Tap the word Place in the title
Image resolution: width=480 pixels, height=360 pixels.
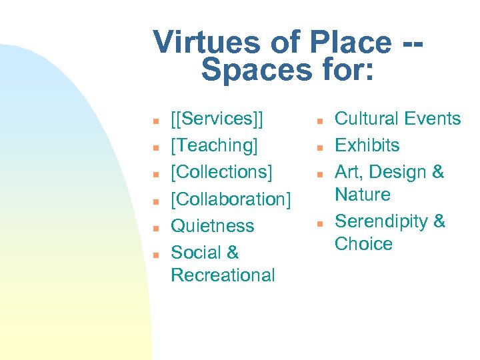point(347,43)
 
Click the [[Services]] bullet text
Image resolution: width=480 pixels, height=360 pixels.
point(217,119)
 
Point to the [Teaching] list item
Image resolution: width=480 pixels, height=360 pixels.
point(215,145)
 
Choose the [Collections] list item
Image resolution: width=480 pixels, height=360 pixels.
point(222,172)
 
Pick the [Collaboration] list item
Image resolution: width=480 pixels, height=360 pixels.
point(231,199)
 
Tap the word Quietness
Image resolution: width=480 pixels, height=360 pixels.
point(213,225)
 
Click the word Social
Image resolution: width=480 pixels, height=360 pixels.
point(196,252)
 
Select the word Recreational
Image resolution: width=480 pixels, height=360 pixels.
point(223,275)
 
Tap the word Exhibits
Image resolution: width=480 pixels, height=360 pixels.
point(367,145)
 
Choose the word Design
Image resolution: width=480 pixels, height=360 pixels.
point(398,172)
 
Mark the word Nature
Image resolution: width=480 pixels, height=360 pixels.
point(363,195)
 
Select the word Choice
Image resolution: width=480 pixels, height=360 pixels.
point(363,244)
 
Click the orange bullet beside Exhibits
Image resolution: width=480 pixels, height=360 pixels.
point(320,146)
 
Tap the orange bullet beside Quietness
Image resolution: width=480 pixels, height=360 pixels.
point(155,227)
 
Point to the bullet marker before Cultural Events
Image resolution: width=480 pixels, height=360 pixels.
point(320,120)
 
